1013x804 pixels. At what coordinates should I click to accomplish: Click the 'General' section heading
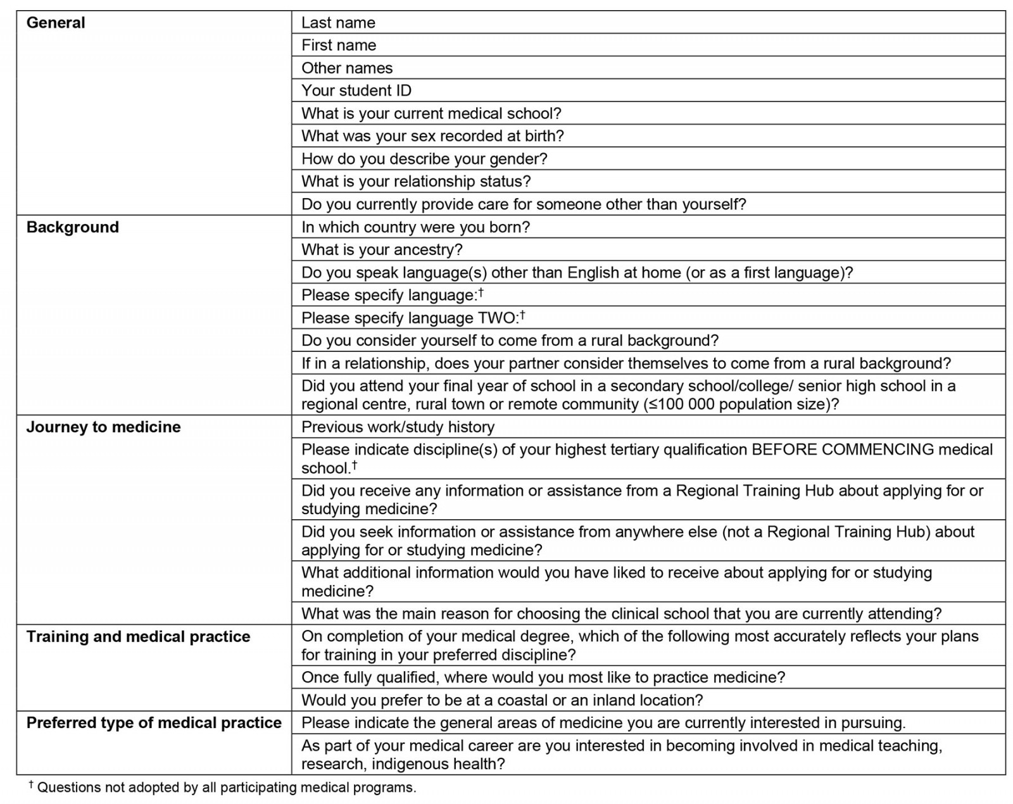click(56, 23)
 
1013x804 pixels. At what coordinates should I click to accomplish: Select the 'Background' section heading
click(72, 227)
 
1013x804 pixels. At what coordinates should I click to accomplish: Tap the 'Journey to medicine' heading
click(103, 427)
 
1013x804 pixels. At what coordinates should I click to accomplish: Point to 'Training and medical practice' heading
click(138, 637)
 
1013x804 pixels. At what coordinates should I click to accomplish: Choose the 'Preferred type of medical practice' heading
click(154, 723)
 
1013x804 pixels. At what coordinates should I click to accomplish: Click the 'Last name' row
click(338, 23)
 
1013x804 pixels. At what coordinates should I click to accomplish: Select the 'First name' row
click(339, 46)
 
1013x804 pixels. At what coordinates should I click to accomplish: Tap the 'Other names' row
click(347, 68)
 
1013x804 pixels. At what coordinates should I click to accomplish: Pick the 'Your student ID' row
click(356, 91)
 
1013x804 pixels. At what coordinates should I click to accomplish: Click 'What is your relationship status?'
click(416, 182)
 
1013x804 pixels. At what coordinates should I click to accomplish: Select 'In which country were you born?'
click(415, 227)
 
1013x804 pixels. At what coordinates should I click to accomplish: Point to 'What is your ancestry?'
click(382, 250)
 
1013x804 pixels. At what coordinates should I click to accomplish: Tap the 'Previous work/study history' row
click(398, 427)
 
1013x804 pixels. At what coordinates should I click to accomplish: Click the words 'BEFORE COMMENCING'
click(842, 450)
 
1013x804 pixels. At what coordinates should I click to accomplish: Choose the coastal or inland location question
click(502, 700)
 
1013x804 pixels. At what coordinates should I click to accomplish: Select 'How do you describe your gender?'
click(424, 159)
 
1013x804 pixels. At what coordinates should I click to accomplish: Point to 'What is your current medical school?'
click(431, 113)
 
